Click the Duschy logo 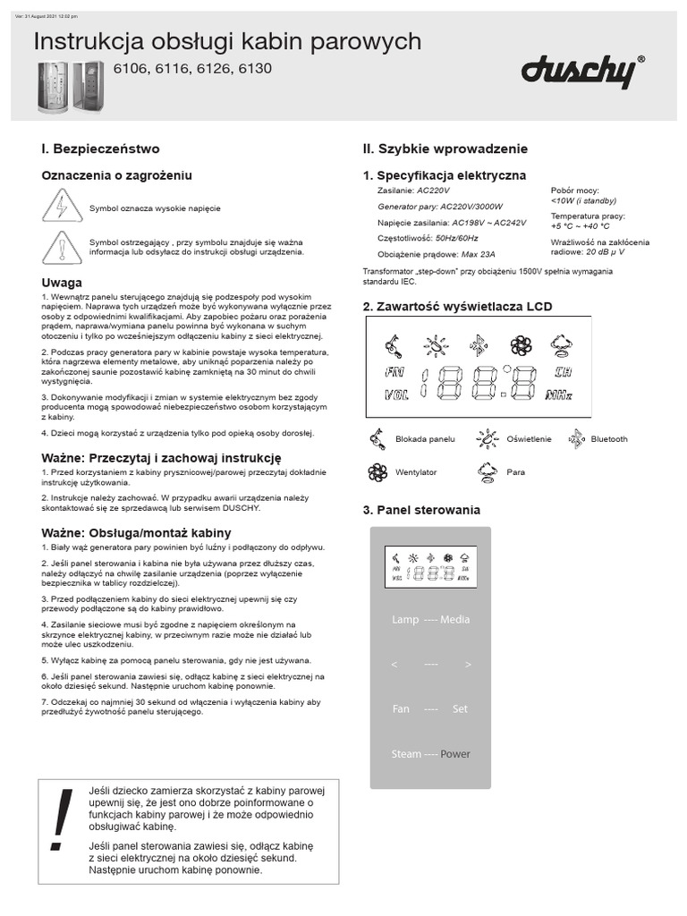(x=580, y=72)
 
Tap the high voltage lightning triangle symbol (x=61, y=208)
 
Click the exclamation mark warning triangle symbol (x=61, y=247)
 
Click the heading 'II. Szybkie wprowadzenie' (x=445, y=148)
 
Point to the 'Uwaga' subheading (x=62, y=283)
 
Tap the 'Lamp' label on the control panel (x=405, y=620)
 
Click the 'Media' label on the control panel (x=454, y=620)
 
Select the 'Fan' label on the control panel (x=401, y=709)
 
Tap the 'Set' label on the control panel (x=460, y=709)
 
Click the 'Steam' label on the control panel (x=406, y=754)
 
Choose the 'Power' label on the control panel (x=455, y=754)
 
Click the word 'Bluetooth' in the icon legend (x=609, y=439)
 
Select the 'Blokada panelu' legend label (x=425, y=439)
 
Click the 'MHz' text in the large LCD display (x=558, y=394)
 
